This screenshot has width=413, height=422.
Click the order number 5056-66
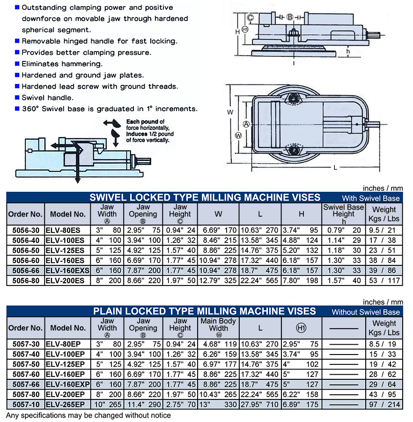click(26, 271)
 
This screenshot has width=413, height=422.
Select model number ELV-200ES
click(65, 281)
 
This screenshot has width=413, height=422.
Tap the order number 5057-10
click(26, 405)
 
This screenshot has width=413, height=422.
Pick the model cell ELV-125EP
click(65, 364)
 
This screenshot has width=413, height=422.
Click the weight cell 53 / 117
click(384, 281)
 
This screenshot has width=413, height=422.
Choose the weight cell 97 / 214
click(384, 405)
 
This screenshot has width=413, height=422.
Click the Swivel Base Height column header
click(343, 214)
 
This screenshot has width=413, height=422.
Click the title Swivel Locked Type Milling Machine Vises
click(205, 197)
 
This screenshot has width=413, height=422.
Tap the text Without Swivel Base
click(366, 312)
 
